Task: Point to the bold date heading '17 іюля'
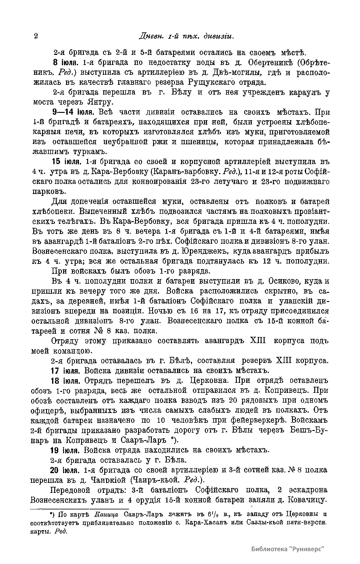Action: pos(65,371)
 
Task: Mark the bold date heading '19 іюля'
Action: pos(65,450)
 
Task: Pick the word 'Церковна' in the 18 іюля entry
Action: pos(208,381)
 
